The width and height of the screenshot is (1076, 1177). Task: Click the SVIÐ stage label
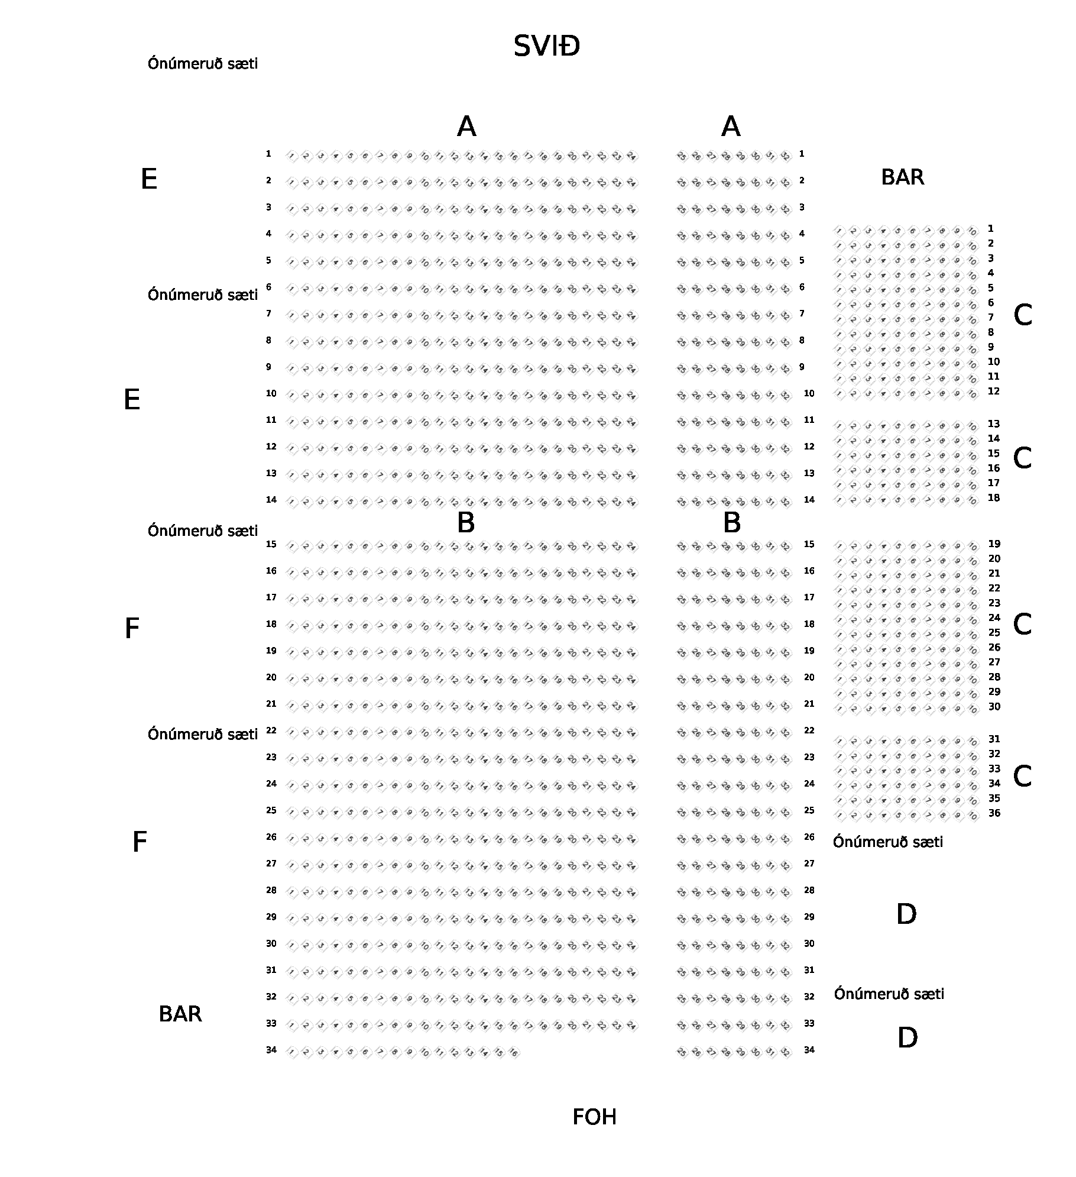546,46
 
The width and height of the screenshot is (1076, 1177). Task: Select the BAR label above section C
902,177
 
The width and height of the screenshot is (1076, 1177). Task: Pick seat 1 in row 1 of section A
291,157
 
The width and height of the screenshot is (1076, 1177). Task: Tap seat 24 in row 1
631,157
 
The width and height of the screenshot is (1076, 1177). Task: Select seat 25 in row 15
682,547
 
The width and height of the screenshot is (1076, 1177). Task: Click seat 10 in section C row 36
973,816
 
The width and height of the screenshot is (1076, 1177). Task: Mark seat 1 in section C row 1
840,231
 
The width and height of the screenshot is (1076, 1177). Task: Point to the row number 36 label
994,813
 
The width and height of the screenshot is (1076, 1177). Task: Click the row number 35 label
994,798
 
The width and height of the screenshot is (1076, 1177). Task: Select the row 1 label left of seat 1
268,154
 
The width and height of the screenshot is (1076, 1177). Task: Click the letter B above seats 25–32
731,523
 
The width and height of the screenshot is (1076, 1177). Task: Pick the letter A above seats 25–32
731,127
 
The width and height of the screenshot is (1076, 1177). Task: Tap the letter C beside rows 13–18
1022,458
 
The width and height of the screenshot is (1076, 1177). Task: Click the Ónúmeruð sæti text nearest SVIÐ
203,64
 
